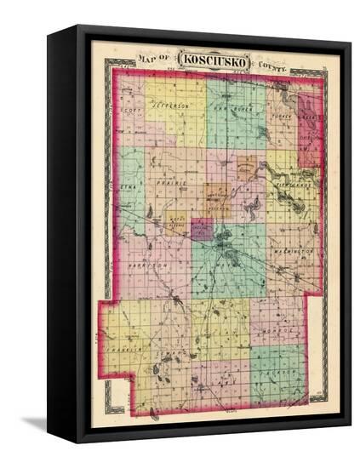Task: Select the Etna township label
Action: point(129,181)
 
